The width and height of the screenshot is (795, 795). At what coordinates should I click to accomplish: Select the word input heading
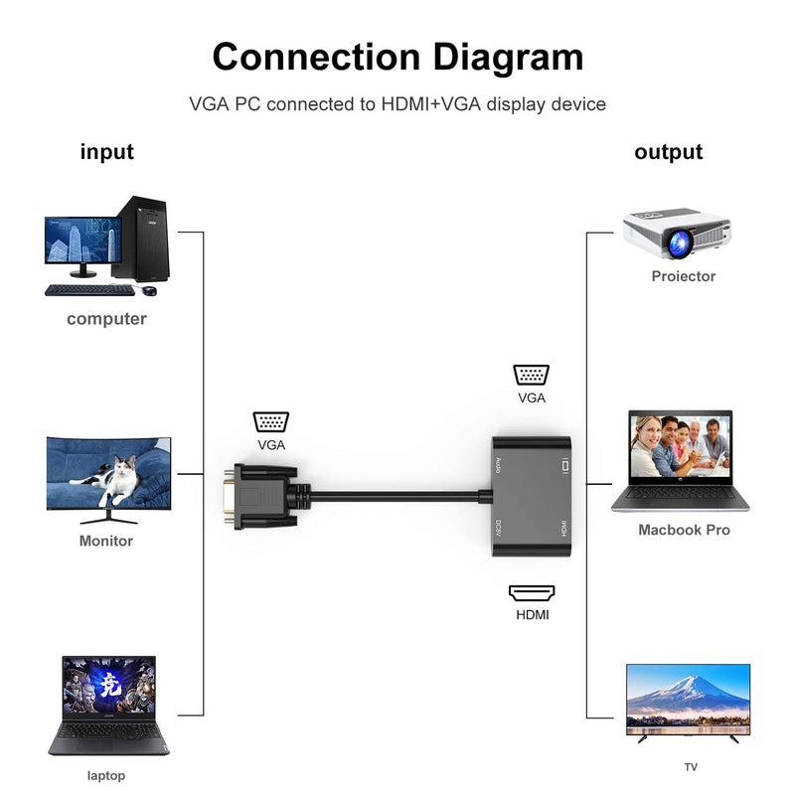click(106, 152)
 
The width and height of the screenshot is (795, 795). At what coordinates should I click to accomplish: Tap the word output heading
click(668, 152)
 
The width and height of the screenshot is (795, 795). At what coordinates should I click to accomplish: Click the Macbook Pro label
click(684, 531)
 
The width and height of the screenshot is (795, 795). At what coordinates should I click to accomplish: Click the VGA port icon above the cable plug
click(271, 421)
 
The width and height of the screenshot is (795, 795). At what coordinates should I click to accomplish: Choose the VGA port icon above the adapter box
click(532, 375)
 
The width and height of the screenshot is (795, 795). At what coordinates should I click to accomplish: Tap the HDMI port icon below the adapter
click(532, 593)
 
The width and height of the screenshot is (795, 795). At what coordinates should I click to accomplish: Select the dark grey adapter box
click(532, 494)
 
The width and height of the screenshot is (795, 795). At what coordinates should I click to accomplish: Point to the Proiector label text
click(683, 276)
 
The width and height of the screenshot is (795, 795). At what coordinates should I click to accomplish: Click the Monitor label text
click(106, 542)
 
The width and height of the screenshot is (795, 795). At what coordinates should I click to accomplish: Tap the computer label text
click(106, 319)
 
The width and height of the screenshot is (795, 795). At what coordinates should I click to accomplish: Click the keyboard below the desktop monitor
click(89, 290)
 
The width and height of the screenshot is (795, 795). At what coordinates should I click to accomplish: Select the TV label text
click(691, 766)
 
